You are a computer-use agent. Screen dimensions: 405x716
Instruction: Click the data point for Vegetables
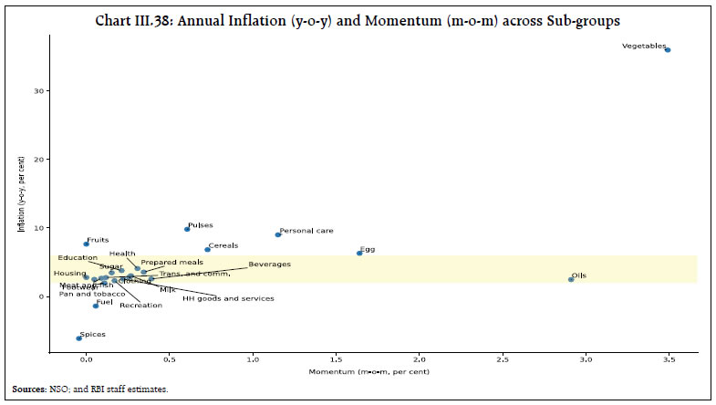(668, 50)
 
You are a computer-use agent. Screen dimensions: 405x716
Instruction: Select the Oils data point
(571, 279)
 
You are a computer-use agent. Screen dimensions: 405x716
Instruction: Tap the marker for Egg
(359, 253)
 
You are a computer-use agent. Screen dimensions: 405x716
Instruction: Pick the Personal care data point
(278, 234)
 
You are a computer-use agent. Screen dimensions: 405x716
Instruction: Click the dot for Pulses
(187, 229)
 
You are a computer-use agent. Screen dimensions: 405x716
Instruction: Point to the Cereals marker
(207, 249)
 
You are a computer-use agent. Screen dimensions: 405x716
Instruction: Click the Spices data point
(78, 337)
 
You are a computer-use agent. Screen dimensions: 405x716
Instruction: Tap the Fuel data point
(95, 306)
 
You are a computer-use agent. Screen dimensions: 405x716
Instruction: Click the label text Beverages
(269, 265)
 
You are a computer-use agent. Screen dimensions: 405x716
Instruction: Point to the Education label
(77, 258)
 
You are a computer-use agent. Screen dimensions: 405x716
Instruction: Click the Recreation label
(140, 306)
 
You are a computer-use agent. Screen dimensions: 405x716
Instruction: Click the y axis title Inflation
(21, 206)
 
